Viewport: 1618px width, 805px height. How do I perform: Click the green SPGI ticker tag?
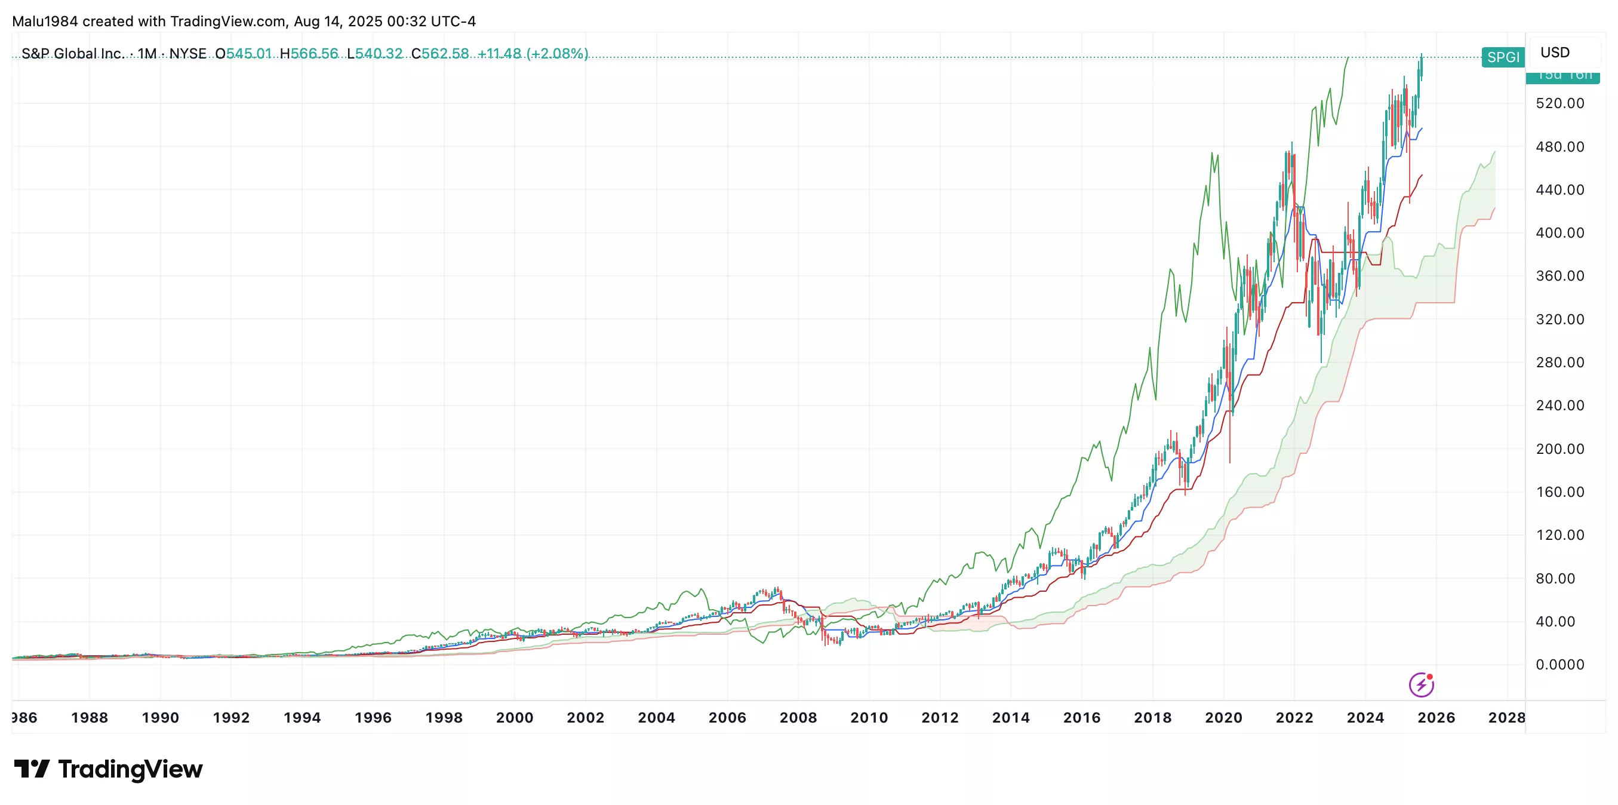pyautogui.click(x=1502, y=57)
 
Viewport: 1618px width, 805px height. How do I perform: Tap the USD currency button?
pyautogui.click(x=1555, y=52)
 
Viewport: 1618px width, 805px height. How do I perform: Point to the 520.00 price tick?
pyautogui.click(x=1559, y=103)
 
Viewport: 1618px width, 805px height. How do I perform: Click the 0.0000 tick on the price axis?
pyautogui.click(x=1559, y=664)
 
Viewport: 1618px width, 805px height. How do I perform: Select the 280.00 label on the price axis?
pyautogui.click(x=1559, y=362)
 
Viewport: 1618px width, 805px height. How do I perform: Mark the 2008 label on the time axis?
pyautogui.click(x=798, y=718)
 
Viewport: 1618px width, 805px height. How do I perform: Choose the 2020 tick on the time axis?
pyautogui.click(x=1223, y=718)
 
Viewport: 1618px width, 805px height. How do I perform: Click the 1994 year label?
pyautogui.click(x=302, y=718)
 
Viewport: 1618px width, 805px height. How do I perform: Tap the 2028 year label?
pyautogui.click(x=1506, y=718)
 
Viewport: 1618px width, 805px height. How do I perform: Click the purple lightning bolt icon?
pyautogui.click(x=1421, y=684)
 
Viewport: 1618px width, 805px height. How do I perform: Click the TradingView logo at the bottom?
pyautogui.click(x=108, y=769)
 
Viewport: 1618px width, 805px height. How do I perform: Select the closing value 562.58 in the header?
pyautogui.click(x=445, y=53)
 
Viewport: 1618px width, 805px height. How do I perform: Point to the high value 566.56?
pyautogui.click(x=314, y=53)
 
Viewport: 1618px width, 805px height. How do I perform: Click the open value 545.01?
pyautogui.click(x=249, y=53)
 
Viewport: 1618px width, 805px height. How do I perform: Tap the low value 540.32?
pyautogui.click(x=379, y=53)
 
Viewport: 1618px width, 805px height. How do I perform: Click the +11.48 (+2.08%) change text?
pyautogui.click(x=533, y=53)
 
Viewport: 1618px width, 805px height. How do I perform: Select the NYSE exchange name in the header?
pyautogui.click(x=188, y=53)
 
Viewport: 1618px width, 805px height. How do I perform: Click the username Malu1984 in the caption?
pyautogui.click(x=45, y=21)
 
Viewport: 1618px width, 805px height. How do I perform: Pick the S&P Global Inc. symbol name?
pyautogui.click(x=72, y=53)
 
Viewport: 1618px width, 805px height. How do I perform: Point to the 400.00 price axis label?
pyautogui.click(x=1559, y=232)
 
